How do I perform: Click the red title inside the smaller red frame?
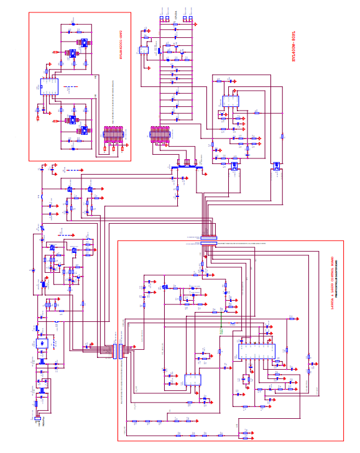pyautogui.click(x=121, y=44)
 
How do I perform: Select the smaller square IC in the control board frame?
pyautogui.click(x=192, y=380)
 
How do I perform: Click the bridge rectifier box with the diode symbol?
pyautogui.click(x=42, y=343)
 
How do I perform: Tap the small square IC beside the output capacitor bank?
pyautogui.click(x=144, y=50)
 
